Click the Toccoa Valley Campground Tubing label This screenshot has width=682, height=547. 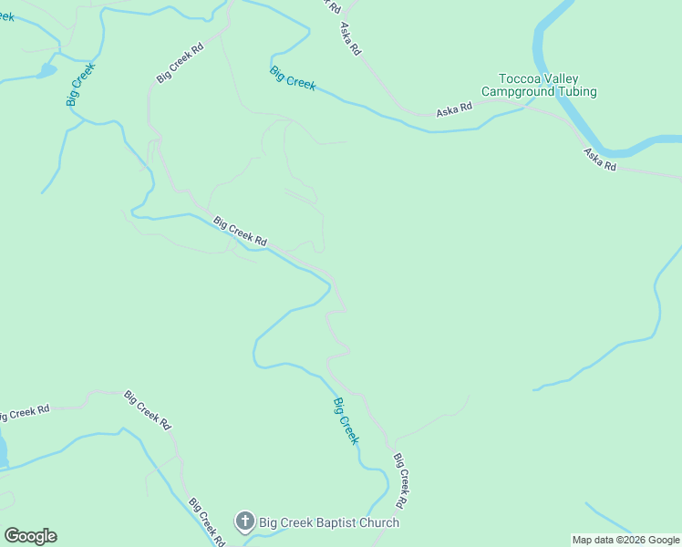[x=539, y=86]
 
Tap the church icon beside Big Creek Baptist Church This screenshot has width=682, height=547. [x=244, y=522]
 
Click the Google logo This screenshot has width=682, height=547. [x=30, y=536]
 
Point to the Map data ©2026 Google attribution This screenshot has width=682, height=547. [x=625, y=540]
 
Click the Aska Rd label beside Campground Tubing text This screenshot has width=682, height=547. [x=453, y=110]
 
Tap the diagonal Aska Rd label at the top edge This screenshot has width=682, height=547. [x=350, y=40]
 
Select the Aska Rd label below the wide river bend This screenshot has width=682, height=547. [x=600, y=160]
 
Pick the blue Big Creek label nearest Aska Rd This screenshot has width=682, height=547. [x=293, y=78]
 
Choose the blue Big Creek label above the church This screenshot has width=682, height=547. [x=346, y=420]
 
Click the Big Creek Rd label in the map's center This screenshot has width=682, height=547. [x=240, y=231]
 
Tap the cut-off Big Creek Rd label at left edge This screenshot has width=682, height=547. [x=24, y=412]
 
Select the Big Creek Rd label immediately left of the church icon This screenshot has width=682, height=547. [x=206, y=521]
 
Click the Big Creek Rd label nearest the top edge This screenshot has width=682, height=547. [x=180, y=62]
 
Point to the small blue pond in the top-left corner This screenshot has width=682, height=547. [x=45, y=70]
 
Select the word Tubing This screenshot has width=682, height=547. [x=577, y=92]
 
